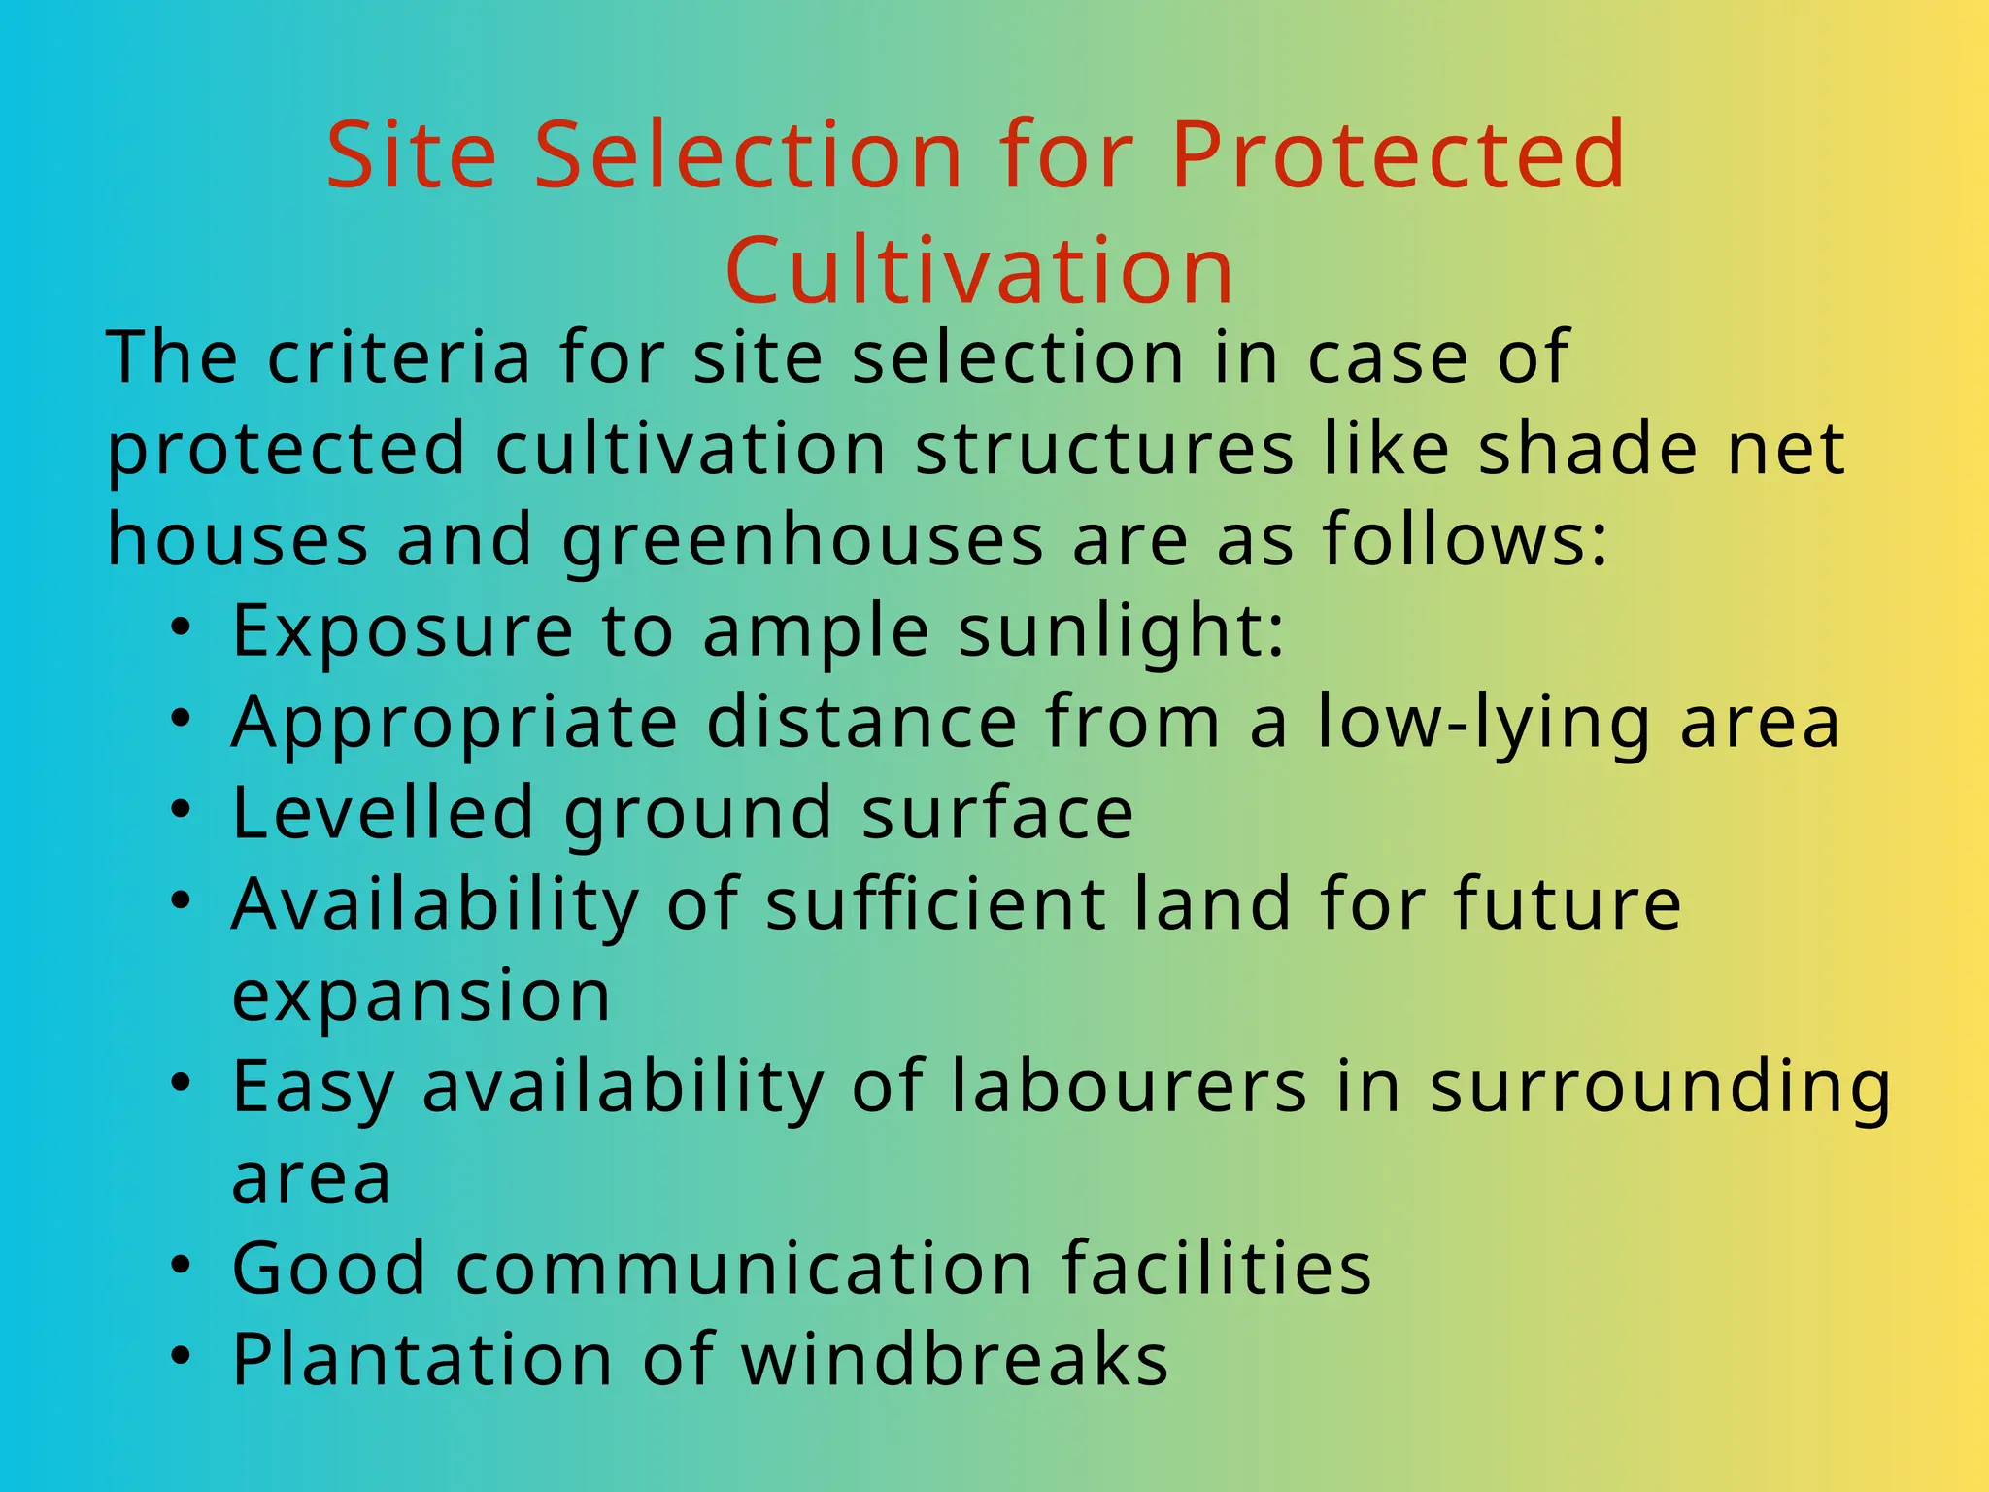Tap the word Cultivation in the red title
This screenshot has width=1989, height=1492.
point(979,270)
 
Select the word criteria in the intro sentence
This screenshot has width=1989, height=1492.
point(399,357)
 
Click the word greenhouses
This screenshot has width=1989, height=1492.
point(802,540)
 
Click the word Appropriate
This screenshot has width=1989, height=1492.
point(455,724)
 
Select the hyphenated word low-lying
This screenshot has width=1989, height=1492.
point(1484,724)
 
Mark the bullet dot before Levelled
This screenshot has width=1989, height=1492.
point(181,809)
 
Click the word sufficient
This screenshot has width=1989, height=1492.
point(935,903)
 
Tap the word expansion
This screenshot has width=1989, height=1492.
point(421,996)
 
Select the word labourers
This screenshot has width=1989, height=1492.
point(1129,1086)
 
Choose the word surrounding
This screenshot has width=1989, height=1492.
point(1660,1088)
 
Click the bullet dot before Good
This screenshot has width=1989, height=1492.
point(181,1265)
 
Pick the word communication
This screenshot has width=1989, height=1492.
point(745,1268)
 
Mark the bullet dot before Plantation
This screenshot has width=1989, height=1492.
point(181,1356)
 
